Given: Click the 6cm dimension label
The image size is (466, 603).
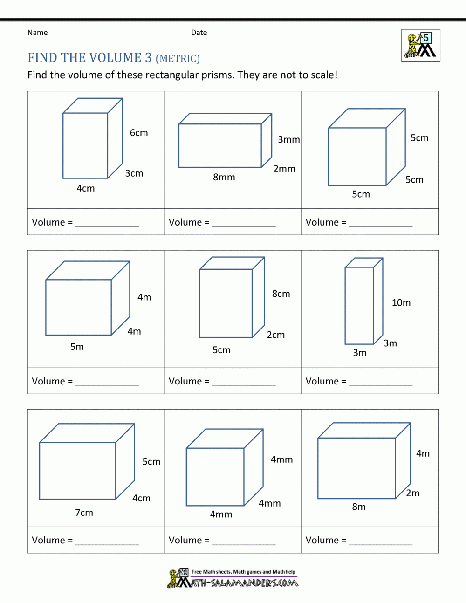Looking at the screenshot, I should pyautogui.click(x=139, y=133).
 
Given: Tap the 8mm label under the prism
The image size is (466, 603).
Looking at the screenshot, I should pyautogui.click(x=224, y=177).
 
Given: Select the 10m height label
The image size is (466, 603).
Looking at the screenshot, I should pyautogui.click(x=401, y=303).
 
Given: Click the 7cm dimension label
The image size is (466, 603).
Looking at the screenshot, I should pyautogui.click(x=84, y=513).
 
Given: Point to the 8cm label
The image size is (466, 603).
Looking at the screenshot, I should pyautogui.click(x=281, y=294).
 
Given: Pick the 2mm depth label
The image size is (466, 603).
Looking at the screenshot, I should pyautogui.click(x=284, y=169).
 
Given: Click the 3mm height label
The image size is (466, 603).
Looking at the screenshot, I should pyautogui.click(x=288, y=139).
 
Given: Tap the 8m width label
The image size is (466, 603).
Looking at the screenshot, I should pyautogui.click(x=358, y=507).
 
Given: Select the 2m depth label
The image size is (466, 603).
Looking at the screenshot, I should pyautogui.click(x=412, y=493).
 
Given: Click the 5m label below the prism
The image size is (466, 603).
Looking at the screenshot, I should pyautogui.click(x=77, y=347).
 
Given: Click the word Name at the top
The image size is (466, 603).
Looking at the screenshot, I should pyautogui.click(x=37, y=33).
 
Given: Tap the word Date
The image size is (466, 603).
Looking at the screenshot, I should pyautogui.click(x=199, y=33).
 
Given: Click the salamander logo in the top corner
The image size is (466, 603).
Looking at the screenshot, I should pyautogui.click(x=420, y=46).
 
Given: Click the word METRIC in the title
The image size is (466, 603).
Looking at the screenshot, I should pyautogui.click(x=178, y=59).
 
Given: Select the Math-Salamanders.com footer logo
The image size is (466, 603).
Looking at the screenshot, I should pyautogui.click(x=233, y=578).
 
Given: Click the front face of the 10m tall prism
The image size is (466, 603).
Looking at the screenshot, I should pyautogui.click(x=359, y=305).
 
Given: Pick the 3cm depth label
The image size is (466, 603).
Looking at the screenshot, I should pyautogui.click(x=134, y=173).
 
